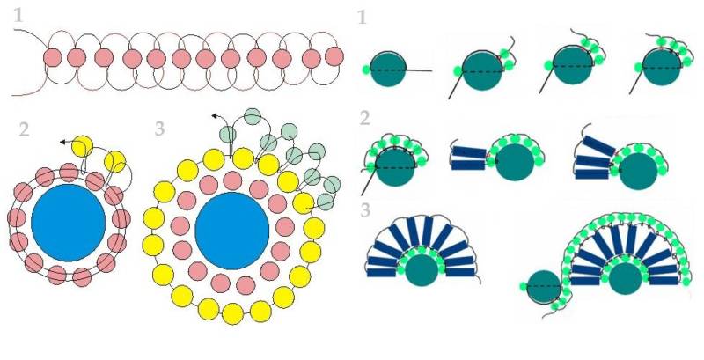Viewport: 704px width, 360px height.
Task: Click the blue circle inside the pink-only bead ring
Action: click(x=69, y=223)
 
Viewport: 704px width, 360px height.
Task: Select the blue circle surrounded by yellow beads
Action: click(x=232, y=231)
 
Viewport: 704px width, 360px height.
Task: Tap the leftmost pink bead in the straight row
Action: click(x=53, y=58)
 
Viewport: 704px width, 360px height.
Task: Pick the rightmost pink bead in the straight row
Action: click(x=334, y=56)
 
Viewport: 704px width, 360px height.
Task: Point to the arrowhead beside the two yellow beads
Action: click(x=62, y=143)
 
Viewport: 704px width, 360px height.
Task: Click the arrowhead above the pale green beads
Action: click(x=215, y=116)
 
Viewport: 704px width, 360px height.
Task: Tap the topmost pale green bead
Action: click(x=253, y=117)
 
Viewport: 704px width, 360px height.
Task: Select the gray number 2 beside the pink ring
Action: click(x=25, y=130)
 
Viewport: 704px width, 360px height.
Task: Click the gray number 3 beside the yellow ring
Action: click(x=159, y=129)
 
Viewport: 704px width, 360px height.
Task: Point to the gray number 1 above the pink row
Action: click(x=18, y=16)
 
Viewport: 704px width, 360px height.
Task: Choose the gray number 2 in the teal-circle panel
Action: click(x=365, y=119)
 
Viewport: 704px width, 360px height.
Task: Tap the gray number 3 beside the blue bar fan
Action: click(x=365, y=210)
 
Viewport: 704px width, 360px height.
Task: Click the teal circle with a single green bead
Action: click(x=388, y=70)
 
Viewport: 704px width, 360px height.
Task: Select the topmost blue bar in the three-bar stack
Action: click(x=599, y=145)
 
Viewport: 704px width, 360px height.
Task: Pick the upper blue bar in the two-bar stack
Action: click(x=469, y=152)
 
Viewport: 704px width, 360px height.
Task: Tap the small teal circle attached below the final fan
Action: click(x=544, y=287)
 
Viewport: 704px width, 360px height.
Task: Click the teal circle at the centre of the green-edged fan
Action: click(x=625, y=278)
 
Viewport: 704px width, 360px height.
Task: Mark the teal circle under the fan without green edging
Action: click(x=422, y=269)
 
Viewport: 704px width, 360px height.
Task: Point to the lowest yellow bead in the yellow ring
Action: click(x=233, y=313)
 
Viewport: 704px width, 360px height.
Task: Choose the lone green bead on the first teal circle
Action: click(x=366, y=70)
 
